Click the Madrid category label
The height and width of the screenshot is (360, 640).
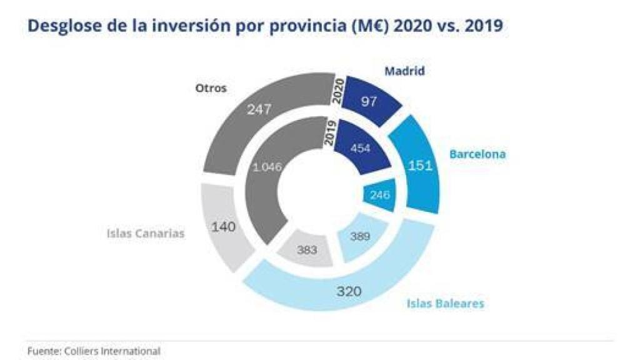tap(404, 71)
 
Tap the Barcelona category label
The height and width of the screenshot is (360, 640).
tap(477, 154)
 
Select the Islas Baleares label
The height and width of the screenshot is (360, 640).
tap(445, 304)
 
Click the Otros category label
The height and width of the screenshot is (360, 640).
tap(211, 88)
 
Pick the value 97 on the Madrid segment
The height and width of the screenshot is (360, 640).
tap(369, 101)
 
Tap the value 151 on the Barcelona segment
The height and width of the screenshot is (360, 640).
tap(421, 166)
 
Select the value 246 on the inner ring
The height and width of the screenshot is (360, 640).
tap(380, 195)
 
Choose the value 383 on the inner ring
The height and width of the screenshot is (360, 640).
tap(307, 249)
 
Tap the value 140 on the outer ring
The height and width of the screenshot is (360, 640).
tap(223, 226)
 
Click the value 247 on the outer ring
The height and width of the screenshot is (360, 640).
tap(259, 109)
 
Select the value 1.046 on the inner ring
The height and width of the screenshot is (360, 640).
tap(267, 167)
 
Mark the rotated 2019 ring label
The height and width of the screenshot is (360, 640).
tap(330, 133)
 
